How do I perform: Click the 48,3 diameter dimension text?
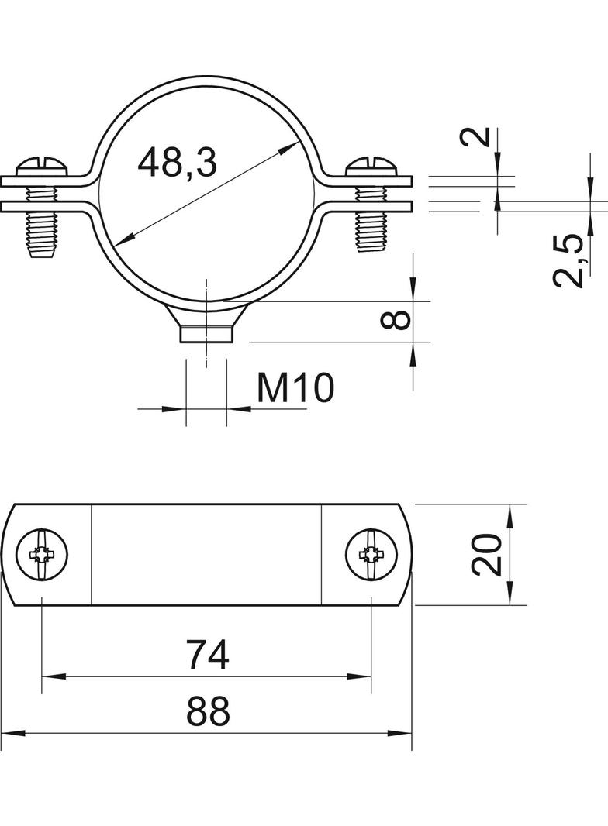(177, 162)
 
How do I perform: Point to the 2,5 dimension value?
(568, 262)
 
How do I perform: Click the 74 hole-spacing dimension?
(209, 654)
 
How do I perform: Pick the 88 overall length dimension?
(209, 711)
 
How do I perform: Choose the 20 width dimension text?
(486, 554)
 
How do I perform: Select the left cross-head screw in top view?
(42, 554)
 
